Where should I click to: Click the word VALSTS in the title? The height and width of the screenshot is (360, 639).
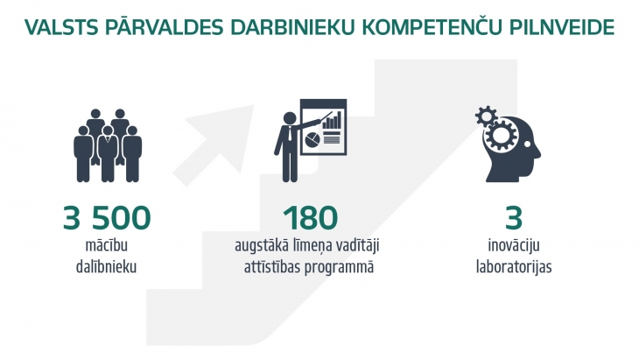[61, 27]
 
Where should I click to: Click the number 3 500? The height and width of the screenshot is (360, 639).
[107, 218]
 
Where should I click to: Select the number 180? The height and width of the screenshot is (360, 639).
[311, 218]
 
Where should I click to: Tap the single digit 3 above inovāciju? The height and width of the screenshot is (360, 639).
[514, 218]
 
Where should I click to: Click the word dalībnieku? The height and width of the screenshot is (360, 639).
[106, 267]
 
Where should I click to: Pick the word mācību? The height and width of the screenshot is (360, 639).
[107, 245]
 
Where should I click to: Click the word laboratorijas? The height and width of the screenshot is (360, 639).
[514, 267]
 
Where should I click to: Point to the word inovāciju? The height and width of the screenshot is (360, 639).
[514, 245]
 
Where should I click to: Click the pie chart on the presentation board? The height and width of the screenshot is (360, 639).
[312, 139]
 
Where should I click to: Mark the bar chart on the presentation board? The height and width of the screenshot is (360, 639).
[332, 121]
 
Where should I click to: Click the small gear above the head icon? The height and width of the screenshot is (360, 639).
[486, 116]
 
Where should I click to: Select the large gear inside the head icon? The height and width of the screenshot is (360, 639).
[502, 135]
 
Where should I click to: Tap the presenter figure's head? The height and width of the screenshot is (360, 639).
[290, 118]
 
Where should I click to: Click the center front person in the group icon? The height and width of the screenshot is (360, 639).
[108, 153]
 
